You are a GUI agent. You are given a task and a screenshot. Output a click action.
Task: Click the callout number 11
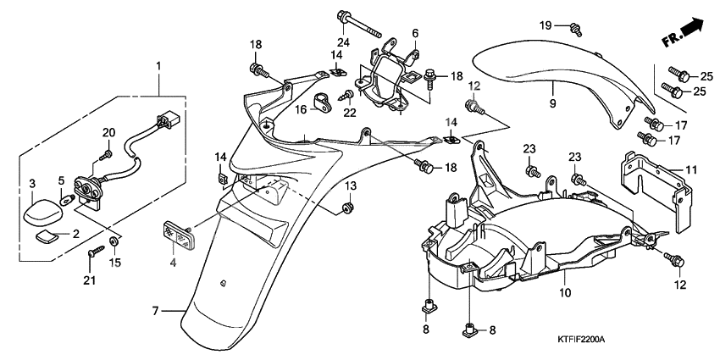(691, 170)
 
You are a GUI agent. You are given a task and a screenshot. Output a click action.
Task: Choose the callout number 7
(155, 311)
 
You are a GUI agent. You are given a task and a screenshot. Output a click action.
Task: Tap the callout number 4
(173, 263)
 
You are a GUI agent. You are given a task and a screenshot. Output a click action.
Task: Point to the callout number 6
(415, 33)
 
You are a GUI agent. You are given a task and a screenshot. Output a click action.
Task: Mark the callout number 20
(108, 131)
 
